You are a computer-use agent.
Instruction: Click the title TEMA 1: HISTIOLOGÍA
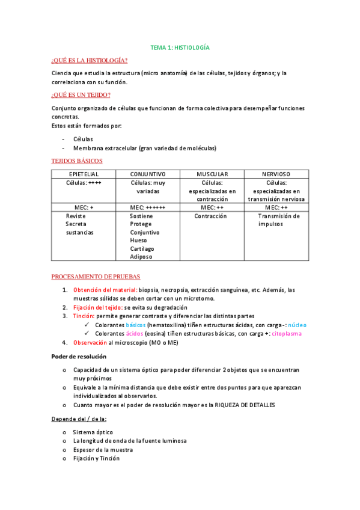(x=180, y=47)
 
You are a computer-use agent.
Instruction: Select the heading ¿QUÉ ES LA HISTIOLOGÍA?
(x=90, y=60)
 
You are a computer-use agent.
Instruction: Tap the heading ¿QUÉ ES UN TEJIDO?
(x=81, y=95)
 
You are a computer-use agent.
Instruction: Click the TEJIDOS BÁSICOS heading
(x=77, y=161)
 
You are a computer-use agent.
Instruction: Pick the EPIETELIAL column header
(x=84, y=174)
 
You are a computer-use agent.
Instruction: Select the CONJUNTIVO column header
(x=148, y=174)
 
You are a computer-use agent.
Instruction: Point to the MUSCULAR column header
(x=212, y=174)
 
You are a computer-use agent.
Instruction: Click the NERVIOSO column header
(x=276, y=174)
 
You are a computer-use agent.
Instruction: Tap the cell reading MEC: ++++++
(x=147, y=207)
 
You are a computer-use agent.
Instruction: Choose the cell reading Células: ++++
(x=84, y=183)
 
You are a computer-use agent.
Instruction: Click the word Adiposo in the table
(x=141, y=256)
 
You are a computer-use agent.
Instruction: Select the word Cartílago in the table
(x=142, y=248)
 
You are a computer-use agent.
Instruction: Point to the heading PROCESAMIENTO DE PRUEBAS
(x=96, y=277)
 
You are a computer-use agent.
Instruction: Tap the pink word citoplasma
(x=287, y=333)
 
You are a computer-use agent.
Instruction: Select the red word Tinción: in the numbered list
(x=84, y=316)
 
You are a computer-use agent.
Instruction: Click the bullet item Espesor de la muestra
(x=103, y=449)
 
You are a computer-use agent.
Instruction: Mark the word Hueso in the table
(x=138, y=240)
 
